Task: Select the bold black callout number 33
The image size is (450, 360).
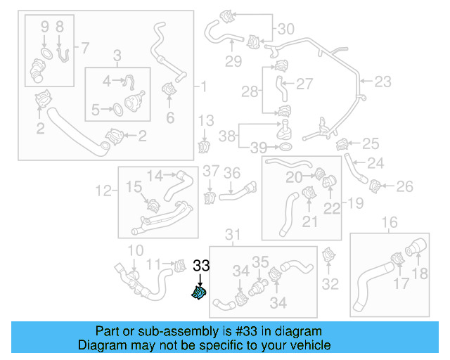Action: pos(202,266)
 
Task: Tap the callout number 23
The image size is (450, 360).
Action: pos(382,82)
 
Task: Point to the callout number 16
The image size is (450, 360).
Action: pos(388,224)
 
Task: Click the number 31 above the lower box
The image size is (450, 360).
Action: pos(232,233)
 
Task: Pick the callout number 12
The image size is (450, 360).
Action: pos(103,189)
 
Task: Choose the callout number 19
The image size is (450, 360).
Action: pos(355,204)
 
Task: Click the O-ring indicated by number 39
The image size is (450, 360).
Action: pos(286,147)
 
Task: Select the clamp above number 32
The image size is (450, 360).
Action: pos(328,257)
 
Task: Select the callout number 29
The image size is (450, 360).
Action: pos(233,61)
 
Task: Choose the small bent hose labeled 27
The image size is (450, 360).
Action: pos(281,89)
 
